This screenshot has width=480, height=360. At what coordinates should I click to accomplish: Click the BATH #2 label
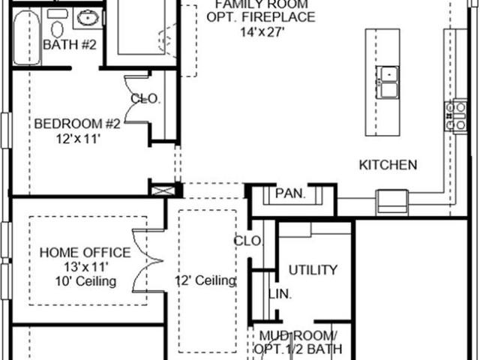click(x=70, y=45)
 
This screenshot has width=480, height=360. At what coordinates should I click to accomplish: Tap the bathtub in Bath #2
click(x=27, y=37)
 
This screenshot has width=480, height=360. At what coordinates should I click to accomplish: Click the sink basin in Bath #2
click(x=88, y=18)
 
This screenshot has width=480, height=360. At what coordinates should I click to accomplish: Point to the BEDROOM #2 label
click(x=77, y=124)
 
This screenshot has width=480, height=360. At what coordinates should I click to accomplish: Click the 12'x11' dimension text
click(x=78, y=139)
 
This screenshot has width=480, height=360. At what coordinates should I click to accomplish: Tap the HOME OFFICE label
click(x=85, y=253)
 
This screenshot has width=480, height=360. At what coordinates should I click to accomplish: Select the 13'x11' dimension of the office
click(x=86, y=267)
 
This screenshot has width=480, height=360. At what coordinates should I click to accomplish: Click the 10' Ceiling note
click(x=85, y=281)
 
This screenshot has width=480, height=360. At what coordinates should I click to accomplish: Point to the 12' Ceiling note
click(x=205, y=280)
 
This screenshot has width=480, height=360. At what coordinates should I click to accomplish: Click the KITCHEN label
click(x=388, y=165)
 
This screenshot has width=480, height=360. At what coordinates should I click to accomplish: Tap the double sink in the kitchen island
click(x=388, y=82)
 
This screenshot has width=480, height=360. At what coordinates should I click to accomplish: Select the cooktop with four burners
click(x=456, y=116)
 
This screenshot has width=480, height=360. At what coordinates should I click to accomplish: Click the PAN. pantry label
click(x=290, y=193)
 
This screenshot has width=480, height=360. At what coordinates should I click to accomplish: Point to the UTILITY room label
click(x=313, y=270)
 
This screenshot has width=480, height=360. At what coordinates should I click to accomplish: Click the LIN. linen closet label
click(x=280, y=294)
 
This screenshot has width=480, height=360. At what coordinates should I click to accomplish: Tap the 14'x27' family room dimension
click(x=262, y=31)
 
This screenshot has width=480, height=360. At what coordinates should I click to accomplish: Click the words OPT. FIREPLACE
click(x=261, y=16)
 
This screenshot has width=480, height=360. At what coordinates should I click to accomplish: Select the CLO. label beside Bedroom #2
click(x=145, y=98)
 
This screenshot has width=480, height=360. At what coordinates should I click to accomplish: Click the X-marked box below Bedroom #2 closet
click(x=163, y=190)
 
